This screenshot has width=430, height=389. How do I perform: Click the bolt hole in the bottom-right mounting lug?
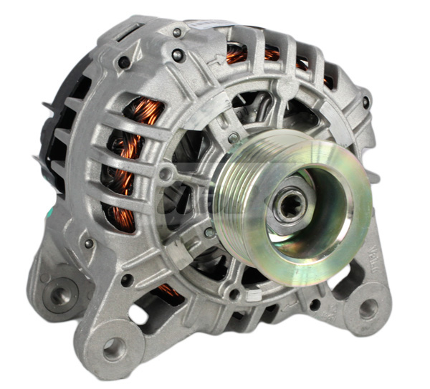(x=367, y=308)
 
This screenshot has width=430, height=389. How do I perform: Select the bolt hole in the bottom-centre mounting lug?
(x=113, y=349)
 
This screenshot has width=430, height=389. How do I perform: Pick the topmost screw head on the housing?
(x=176, y=32)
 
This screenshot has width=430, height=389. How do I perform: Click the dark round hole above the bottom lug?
(x=126, y=280)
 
